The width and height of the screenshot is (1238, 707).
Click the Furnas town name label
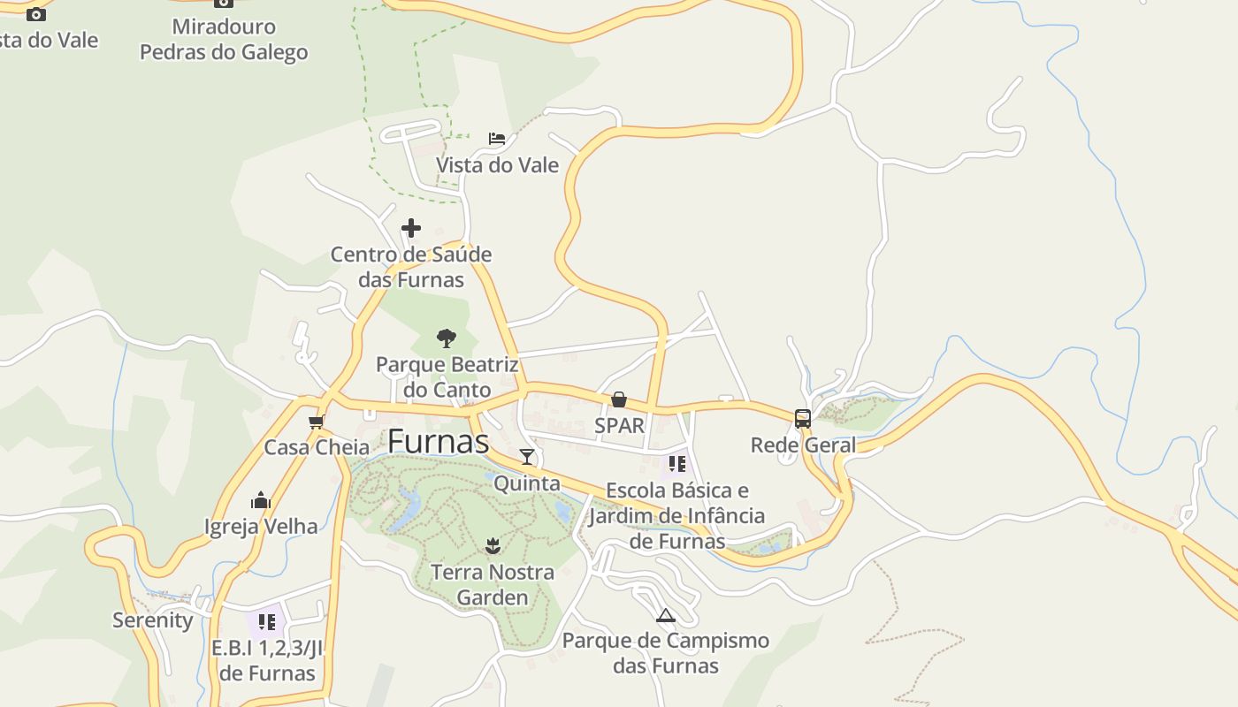(438, 441)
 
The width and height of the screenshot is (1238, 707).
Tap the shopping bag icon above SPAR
(619, 400)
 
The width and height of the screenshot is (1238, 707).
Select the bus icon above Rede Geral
(803, 419)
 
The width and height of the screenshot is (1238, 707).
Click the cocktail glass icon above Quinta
(527, 456)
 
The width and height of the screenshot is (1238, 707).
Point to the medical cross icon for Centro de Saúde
(411, 228)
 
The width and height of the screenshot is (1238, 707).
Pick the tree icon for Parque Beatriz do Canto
(447, 338)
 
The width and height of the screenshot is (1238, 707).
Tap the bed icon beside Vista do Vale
(497, 139)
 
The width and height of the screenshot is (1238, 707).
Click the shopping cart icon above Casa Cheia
(316, 422)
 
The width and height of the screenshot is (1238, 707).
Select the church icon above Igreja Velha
(261, 501)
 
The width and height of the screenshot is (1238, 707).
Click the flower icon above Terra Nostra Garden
(493, 545)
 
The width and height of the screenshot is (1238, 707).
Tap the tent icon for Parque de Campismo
(666, 615)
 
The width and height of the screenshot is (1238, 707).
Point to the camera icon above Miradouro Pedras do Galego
(224, 3)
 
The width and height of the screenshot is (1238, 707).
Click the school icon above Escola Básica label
(677, 463)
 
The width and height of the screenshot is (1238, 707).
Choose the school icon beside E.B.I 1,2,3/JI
(267, 621)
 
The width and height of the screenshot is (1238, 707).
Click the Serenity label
(153, 620)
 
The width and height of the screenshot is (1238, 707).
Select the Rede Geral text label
(803, 445)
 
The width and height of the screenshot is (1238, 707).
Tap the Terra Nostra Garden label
(493, 585)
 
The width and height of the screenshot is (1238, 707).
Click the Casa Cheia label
(317, 447)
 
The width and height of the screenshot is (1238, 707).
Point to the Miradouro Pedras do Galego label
(224, 40)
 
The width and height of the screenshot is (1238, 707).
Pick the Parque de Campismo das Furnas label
(666, 653)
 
